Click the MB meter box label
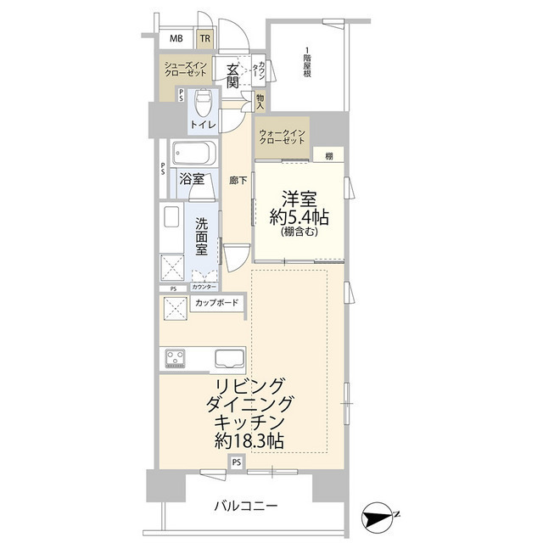tap(176, 38)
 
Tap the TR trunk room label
tap(205, 38)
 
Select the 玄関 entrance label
tap(232, 76)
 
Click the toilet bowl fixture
tap(203, 103)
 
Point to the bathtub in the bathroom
tap(194, 154)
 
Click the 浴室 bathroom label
tap(192, 179)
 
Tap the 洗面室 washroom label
tap(201, 237)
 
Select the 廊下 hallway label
tap(238, 180)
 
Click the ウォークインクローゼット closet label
tap(282, 137)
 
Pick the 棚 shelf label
tap(329, 156)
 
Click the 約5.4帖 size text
tap(299, 217)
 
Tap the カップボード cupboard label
tap(217, 303)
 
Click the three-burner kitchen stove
tap(176, 358)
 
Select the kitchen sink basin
tap(229, 358)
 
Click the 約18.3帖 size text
tap(249, 441)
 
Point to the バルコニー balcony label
tap(246, 507)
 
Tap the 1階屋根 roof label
tap(307, 62)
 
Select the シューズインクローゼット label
tap(186, 69)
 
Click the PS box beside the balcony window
tap(237, 462)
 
